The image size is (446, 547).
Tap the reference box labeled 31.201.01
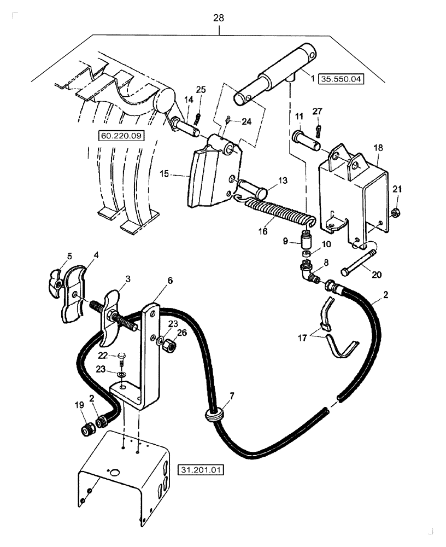[x=201, y=469]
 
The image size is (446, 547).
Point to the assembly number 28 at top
[x=218, y=18]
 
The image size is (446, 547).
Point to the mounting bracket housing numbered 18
[x=355, y=191]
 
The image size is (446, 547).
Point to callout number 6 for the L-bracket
[x=170, y=280]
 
